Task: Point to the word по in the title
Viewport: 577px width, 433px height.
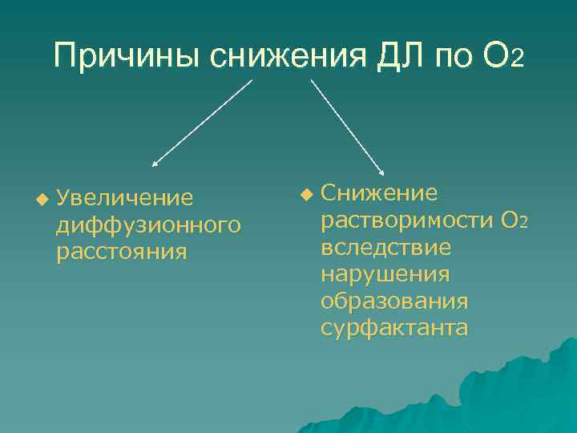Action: click(453, 57)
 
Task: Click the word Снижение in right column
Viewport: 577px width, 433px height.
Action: click(379, 192)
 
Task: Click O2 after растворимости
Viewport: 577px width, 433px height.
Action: click(514, 220)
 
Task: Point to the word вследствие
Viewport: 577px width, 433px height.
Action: click(385, 247)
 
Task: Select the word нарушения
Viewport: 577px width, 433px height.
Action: click(385, 274)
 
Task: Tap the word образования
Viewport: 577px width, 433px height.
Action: click(394, 301)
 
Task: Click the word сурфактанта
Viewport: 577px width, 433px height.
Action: click(394, 329)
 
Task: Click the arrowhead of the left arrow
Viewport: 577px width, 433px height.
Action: click(155, 163)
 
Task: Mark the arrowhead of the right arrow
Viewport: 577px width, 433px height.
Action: click(382, 171)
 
